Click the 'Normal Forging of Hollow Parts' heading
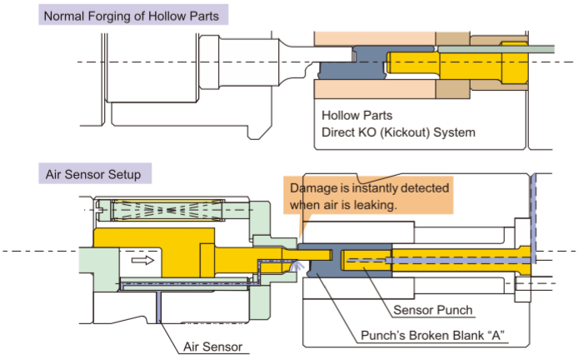pos(132,16)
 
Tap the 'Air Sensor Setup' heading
pos(93,174)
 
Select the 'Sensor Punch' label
pos(433,310)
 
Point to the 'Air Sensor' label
pos(212,347)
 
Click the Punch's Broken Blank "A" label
pos(433,335)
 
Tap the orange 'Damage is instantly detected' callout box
pos(368,196)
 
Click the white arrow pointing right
pos(142,260)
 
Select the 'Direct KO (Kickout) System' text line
pos(398,132)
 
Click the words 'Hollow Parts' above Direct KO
pos(356,116)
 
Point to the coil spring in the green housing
pos(167,210)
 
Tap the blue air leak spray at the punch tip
pos(297,266)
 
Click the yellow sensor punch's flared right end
pos(525,260)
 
